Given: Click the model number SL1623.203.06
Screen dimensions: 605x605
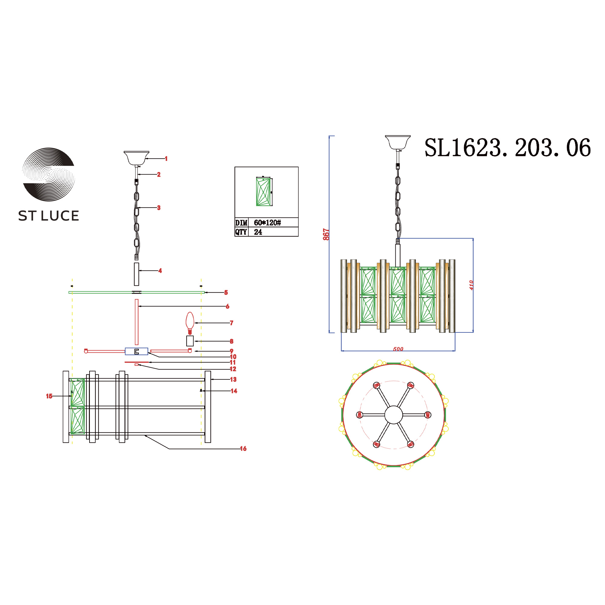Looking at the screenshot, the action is pyautogui.click(x=507, y=148).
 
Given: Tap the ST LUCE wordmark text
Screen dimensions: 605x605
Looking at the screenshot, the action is pyautogui.click(x=48, y=216).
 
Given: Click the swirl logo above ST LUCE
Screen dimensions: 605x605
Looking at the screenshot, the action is pyautogui.click(x=48, y=174).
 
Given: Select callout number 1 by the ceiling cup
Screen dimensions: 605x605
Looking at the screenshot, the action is pyautogui.click(x=166, y=159).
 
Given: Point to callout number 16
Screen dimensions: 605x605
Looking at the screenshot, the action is pyautogui.click(x=243, y=449).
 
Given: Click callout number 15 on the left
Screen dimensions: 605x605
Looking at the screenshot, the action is pyautogui.click(x=49, y=396).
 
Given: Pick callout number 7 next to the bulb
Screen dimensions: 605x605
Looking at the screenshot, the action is pyautogui.click(x=231, y=323).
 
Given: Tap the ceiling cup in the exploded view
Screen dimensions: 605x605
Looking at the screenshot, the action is pyautogui.click(x=136, y=158).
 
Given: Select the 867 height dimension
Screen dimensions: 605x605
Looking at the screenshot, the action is pyautogui.click(x=326, y=234).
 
